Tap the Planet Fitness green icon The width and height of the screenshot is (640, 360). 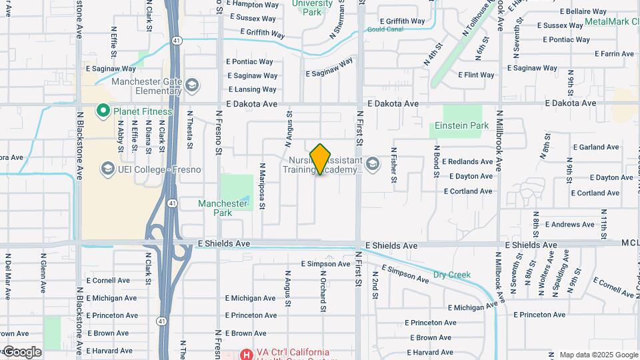tap(103, 111)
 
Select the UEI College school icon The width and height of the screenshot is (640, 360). tap(107, 169)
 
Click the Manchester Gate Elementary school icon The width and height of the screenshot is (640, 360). tap(192, 85)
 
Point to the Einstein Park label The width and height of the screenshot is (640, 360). tap(461, 125)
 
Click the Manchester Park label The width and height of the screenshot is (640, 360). tap(223, 208)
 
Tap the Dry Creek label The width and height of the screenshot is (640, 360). tap(451, 275)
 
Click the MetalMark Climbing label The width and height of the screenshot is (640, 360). tap(611, 21)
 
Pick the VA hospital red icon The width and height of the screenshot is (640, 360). tap(246, 353)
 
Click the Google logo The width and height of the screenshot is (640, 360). tap(22, 351)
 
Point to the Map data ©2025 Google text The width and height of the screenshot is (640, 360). tap(598, 355)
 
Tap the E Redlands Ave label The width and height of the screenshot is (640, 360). tap(471, 161)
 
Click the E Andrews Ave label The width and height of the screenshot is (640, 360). tap(570, 225)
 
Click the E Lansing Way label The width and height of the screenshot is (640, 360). tap(252, 89)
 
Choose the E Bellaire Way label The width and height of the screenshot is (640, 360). tap(583, 11)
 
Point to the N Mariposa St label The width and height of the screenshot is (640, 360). tap(262, 186)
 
